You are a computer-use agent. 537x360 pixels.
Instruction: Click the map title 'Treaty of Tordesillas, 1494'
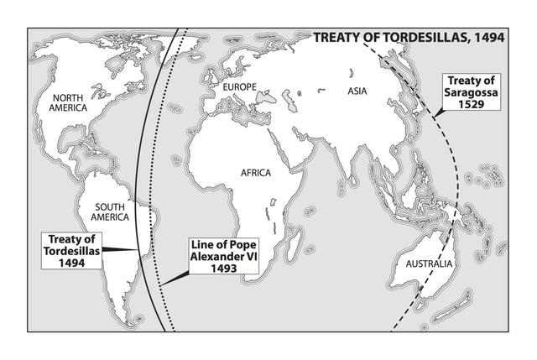coord(409,38)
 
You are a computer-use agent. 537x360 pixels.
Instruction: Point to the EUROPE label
coord(239,86)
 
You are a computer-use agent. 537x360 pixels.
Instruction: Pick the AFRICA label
coord(256,173)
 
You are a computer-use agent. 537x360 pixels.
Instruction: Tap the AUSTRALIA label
coord(429,265)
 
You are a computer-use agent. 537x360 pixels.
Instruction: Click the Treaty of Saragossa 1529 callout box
coord(470,97)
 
